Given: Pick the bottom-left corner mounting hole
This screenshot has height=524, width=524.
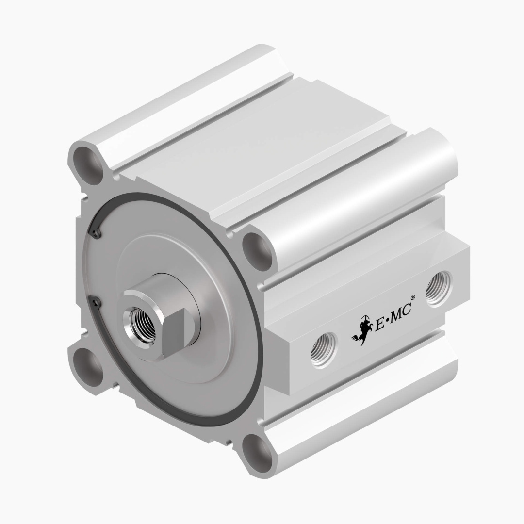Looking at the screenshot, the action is pos(86,367).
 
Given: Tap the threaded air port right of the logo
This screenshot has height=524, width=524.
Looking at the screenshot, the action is pos(439,289).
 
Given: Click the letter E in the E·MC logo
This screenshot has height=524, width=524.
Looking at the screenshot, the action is pos(380,324).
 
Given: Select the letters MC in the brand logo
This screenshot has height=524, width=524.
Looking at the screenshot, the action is pos(401,313).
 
